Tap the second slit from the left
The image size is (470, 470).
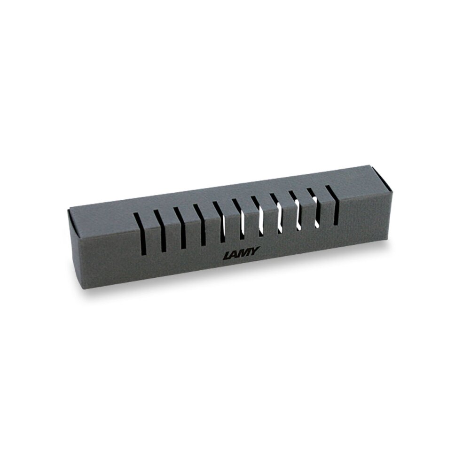coord(160,230)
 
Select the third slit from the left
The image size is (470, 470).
coord(180,227)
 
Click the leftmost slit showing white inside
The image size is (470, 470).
coord(219,222)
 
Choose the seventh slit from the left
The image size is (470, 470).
coord(258,216)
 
